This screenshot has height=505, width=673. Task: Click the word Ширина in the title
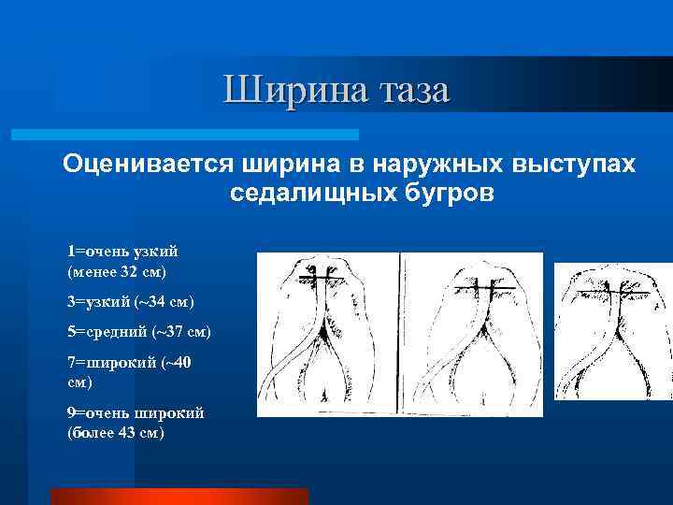point(297,91)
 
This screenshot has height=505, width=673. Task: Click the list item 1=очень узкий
point(122,252)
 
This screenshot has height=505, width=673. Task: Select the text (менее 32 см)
point(117,271)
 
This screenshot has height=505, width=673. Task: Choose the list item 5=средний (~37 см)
point(138,332)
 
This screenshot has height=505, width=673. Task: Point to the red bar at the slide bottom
point(179,496)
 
